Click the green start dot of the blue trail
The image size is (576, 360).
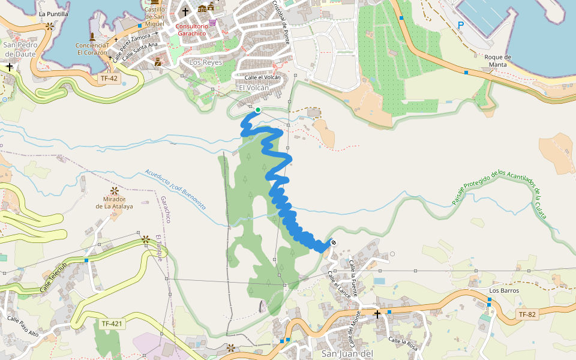point(258,110)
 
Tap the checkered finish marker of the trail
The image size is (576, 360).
point(333,242)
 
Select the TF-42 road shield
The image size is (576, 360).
point(109,78)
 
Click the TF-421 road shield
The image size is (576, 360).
point(112,324)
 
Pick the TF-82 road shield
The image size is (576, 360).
point(527,314)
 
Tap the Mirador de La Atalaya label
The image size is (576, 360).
point(113,202)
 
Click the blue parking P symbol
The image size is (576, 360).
point(461,25)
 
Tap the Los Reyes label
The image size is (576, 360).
point(206,62)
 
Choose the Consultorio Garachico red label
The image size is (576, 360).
point(192,30)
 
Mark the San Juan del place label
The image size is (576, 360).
point(347,353)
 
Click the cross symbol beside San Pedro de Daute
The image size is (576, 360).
point(10,67)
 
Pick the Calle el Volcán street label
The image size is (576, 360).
point(262,77)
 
